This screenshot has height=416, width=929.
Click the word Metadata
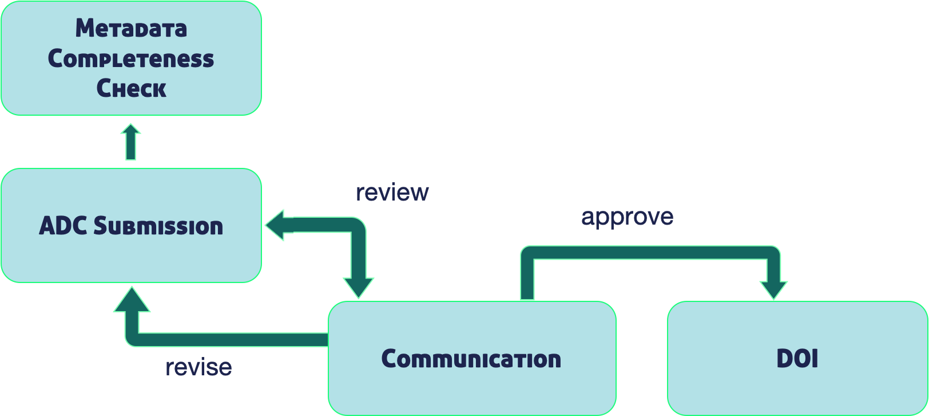[131, 28]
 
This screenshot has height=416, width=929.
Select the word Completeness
[131, 58]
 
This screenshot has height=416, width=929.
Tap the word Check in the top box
[131, 88]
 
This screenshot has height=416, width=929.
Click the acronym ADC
[63, 226]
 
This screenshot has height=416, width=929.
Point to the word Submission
[158, 226]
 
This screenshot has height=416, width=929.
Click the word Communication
[471, 359]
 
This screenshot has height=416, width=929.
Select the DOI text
[797, 358]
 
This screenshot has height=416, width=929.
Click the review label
[392, 193]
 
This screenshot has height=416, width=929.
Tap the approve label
[627, 217]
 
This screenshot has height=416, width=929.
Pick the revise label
[198, 367]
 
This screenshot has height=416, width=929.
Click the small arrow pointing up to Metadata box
[130, 142]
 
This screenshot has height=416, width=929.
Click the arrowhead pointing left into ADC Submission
[279, 225]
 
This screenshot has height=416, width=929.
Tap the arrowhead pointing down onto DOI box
[773, 291]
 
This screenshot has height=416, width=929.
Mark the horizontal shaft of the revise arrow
[232, 340]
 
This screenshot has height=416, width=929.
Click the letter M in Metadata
[85, 28]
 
